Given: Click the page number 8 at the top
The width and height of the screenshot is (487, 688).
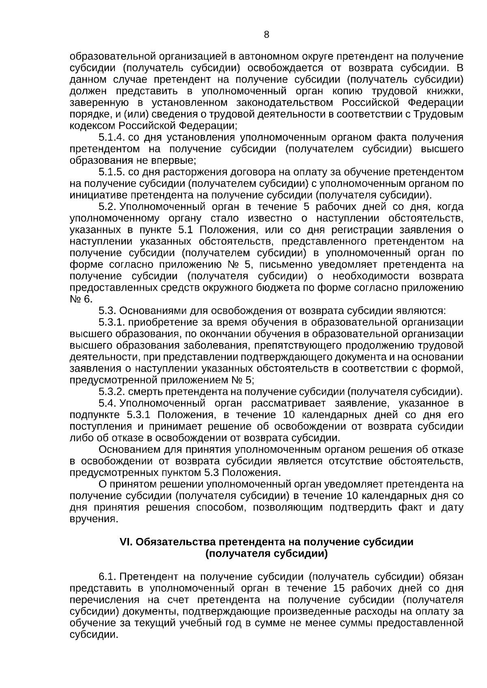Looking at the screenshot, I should (267, 35).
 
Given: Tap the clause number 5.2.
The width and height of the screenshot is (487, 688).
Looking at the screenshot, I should (108, 207).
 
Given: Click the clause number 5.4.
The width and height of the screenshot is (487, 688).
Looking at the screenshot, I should (108, 404).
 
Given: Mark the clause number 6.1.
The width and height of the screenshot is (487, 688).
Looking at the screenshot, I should (108, 577).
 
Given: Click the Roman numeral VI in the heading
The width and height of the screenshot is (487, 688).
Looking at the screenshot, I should (124, 542).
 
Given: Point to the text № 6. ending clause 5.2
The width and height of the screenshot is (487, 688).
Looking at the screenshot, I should (81, 299).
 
